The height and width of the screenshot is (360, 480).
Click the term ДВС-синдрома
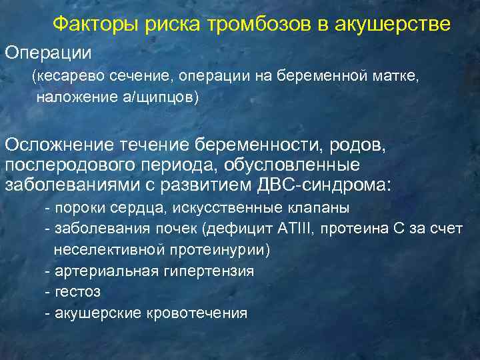(x=334, y=185)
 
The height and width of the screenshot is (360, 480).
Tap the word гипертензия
(x=198, y=271)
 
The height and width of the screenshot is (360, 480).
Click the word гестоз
(x=74, y=292)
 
